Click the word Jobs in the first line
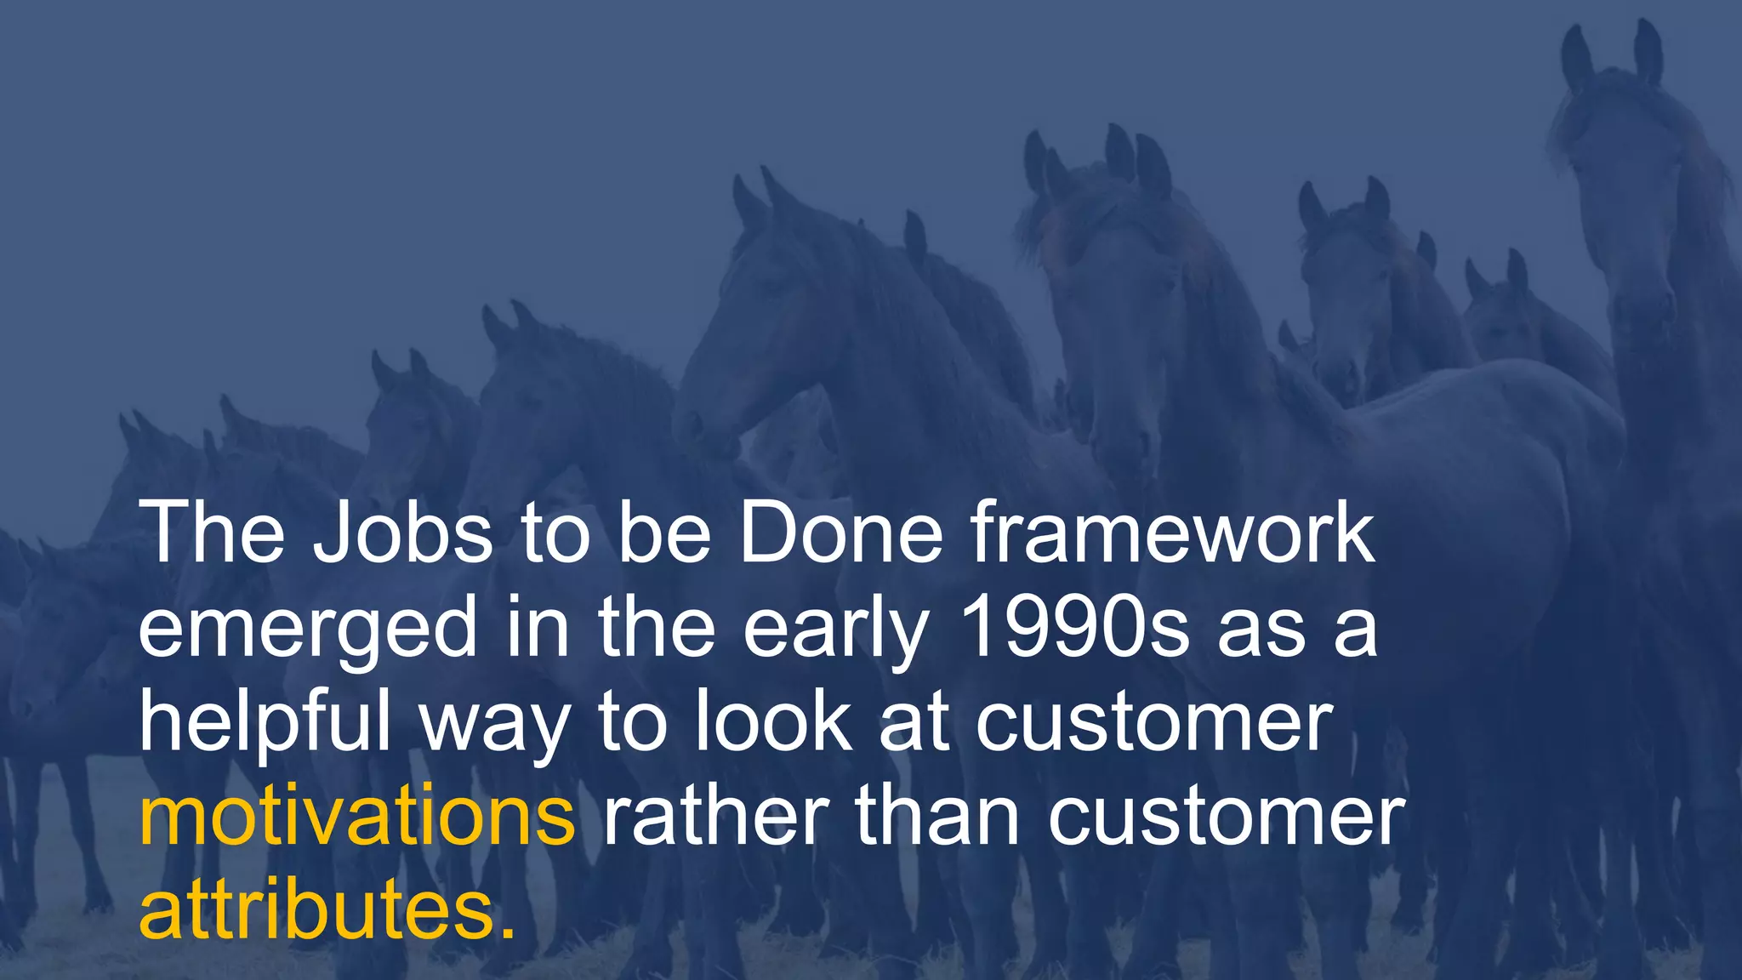click(402, 533)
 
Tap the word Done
click(841, 533)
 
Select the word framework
click(1173, 533)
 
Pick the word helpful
click(265, 722)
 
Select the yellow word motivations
click(357, 816)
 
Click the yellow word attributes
click(316, 909)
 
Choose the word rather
click(715, 816)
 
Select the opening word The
click(212, 533)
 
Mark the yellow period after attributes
click(508, 932)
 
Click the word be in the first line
click(663, 533)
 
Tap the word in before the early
click(538, 627)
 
